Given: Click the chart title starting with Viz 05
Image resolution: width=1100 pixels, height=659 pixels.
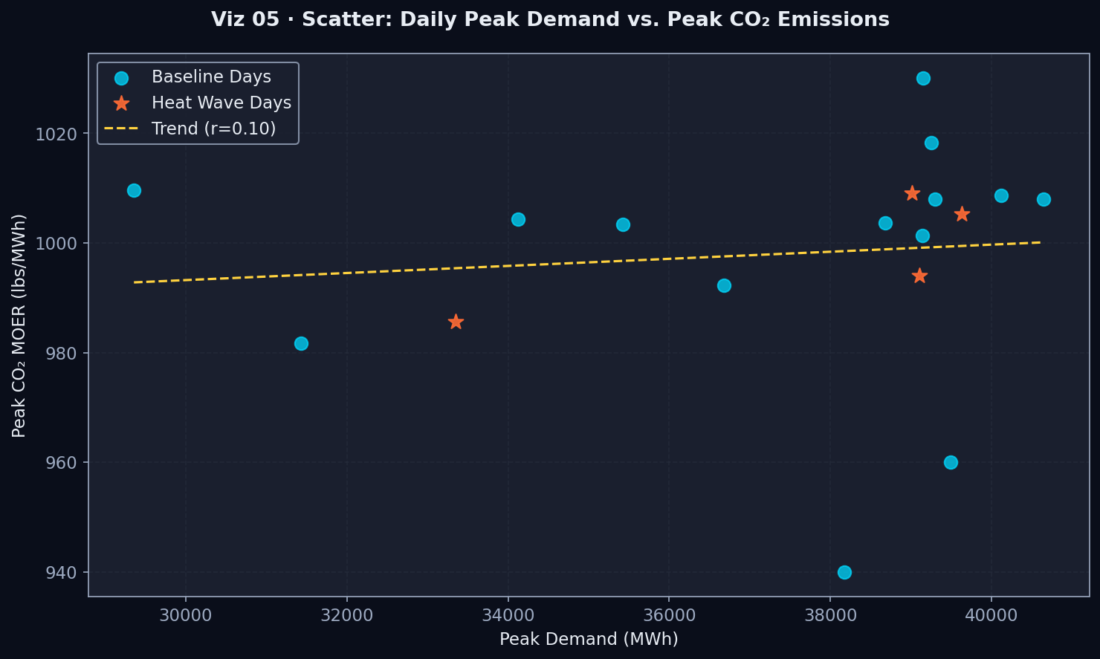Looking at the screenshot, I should pyautogui.click(x=550, y=20).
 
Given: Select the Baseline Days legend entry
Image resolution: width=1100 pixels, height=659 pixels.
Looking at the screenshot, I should pyautogui.click(x=211, y=77).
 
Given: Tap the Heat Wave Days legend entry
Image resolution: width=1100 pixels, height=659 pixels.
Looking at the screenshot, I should pyautogui.click(x=221, y=103).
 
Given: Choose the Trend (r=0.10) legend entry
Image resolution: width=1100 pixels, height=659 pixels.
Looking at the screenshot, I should pyautogui.click(x=213, y=129).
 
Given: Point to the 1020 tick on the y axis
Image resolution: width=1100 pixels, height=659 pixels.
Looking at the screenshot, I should pyautogui.click(x=62, y=134).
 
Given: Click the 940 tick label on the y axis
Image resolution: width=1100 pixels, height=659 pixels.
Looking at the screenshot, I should pyautogui.click(x=66, y=572).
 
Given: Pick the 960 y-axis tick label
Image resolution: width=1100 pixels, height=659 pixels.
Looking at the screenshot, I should pyautogui.click(x=66, y=463).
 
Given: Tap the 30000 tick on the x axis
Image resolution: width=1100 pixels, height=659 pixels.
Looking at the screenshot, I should pyautogui.click(x=186, y=617).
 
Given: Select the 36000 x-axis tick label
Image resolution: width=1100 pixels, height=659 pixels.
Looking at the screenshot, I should pyautogui.click(x=668, y=617).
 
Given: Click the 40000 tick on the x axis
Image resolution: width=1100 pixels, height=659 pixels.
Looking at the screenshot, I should pyautogui.click(x=991, y=617).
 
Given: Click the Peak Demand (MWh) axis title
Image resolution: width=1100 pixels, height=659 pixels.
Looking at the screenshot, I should pyautogui.click(x=589, y=640).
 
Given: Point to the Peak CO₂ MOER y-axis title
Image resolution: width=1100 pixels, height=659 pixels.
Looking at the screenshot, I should pyautogui.click(x=19, y=325).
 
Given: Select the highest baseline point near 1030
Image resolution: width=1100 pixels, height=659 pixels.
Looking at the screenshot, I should pyautogui.click(x=923, y=79).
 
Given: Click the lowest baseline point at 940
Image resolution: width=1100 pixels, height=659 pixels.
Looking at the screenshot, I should pyautogui.click(x=844, y=572).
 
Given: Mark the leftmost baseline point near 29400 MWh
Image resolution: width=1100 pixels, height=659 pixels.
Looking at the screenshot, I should pyautogui.click(x=134, y=191).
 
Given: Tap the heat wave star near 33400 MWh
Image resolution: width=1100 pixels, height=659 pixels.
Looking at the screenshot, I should pyautogui.click(x=456, y=322).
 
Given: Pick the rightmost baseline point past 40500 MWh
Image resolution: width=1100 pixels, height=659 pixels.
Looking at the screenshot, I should pyautogui.click(x=1044, y=200).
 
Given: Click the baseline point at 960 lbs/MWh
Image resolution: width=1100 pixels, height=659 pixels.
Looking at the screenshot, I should pyautogui.click(x=951, y=462).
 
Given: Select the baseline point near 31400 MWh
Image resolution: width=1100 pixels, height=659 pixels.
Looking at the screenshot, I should pyautogui.click(x=301, y=343).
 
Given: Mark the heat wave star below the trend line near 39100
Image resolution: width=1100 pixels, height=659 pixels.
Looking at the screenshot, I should pyautogui.click(x=919, y=276).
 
